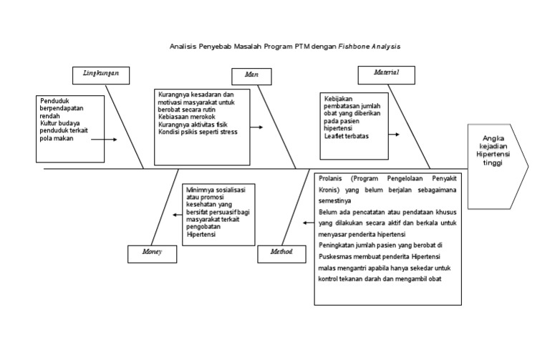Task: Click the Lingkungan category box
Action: [x=101, y=74]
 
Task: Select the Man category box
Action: [x=251, y=75]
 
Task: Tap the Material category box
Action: [x=386, y=74]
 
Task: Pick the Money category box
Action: [x=152, y=253]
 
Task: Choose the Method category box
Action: [x=281, y=253]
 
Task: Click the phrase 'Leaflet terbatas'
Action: [x=347, y=136]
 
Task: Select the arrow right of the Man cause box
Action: [x=256, y=127]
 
